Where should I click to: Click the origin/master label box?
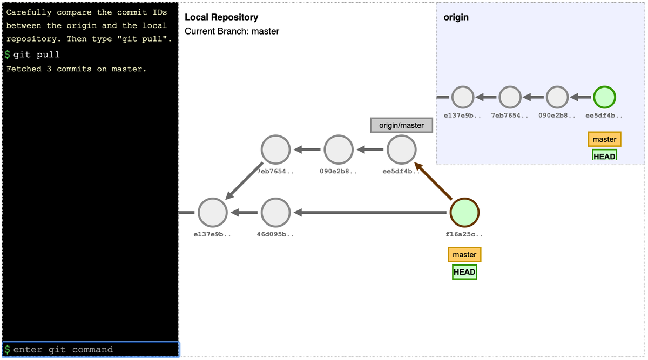coord(401,125)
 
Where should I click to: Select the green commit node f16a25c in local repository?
coord(464,213)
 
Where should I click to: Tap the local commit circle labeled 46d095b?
coord(275,213)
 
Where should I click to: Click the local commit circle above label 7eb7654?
coord(275,150)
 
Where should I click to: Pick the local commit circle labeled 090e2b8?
coord(339,150)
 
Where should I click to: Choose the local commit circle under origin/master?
coord(402,150)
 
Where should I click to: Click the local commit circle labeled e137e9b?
coord(212,213)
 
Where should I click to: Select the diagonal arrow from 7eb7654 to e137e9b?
coord(244,180)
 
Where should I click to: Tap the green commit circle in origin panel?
coord(604,98)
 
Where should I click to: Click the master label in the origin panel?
coord(604,139)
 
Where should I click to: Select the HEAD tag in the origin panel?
coord(604,156)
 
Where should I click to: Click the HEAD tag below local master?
coord(464,272)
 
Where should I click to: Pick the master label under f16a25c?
coord(464,255)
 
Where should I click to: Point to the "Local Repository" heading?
coord(221,18)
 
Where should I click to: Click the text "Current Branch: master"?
coord(232,31)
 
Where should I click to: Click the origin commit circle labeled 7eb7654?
coord(510,98)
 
